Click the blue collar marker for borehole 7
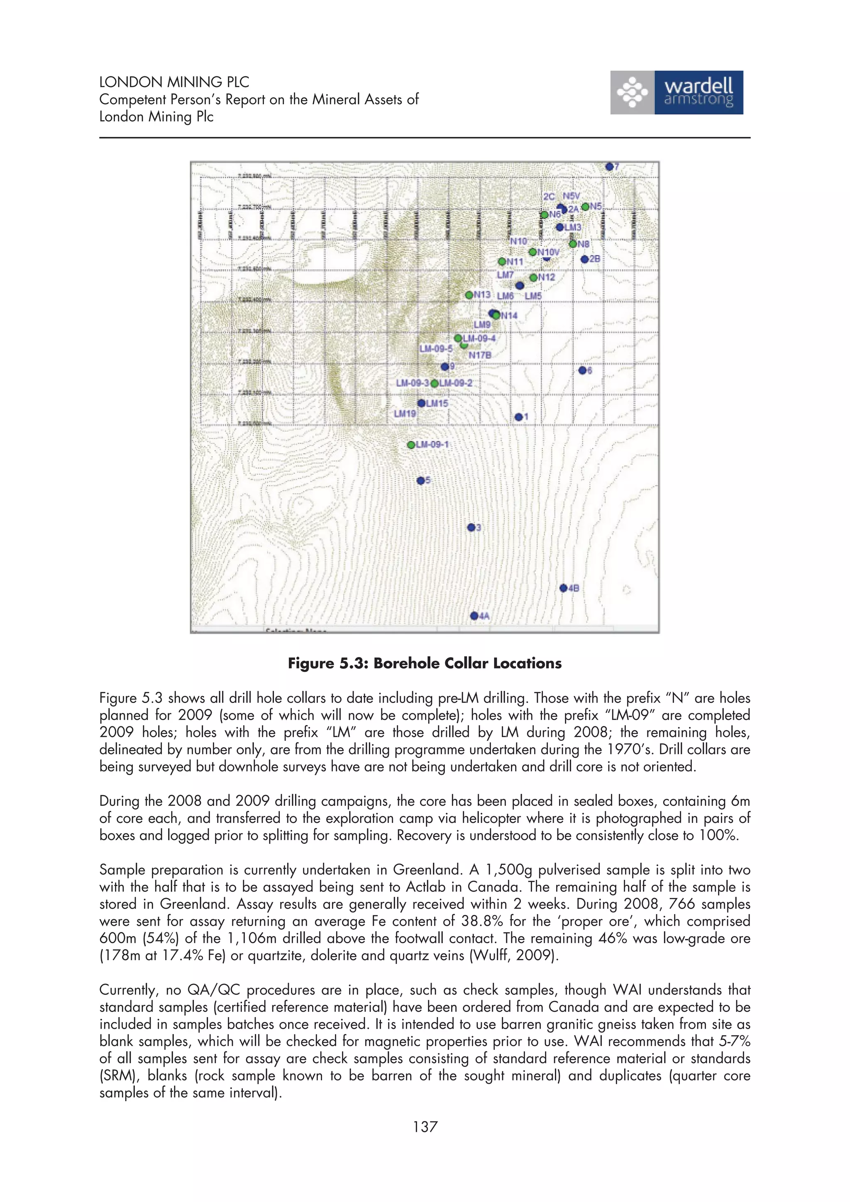609,166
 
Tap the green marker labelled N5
585,207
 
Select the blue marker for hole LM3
560,227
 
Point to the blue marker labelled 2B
584,259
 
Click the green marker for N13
469,295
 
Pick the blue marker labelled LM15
421,403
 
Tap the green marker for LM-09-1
412,445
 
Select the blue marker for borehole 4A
474,616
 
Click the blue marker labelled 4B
563,588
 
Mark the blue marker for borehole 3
471,527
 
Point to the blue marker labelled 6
582,370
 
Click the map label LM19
405,414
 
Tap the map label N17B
480,355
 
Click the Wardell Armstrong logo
676,92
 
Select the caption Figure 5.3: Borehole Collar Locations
425,663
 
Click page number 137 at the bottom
425,1127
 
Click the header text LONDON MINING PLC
174,82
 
